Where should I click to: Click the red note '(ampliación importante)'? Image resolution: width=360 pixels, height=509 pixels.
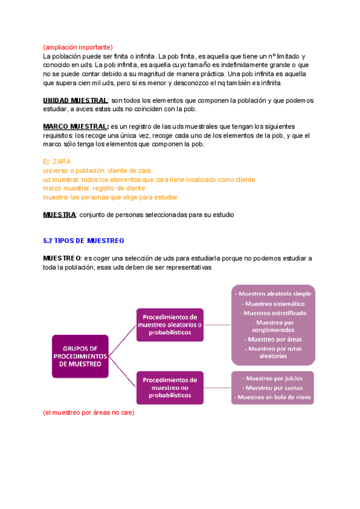77,47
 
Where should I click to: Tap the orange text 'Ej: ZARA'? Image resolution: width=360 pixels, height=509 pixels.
57,162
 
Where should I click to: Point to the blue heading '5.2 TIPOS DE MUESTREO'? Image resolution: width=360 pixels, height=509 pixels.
83,241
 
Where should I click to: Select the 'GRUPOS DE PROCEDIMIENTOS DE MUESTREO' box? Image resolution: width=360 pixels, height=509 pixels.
80,356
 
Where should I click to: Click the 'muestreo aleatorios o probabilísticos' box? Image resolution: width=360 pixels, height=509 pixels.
170,324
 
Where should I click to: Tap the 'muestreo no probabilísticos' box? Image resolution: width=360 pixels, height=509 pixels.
170,388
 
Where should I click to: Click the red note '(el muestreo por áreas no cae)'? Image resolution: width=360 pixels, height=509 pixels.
89,413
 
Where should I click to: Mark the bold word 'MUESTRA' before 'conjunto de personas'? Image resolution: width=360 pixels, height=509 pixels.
59,215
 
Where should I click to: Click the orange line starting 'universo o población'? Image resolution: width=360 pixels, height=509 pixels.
97,171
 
